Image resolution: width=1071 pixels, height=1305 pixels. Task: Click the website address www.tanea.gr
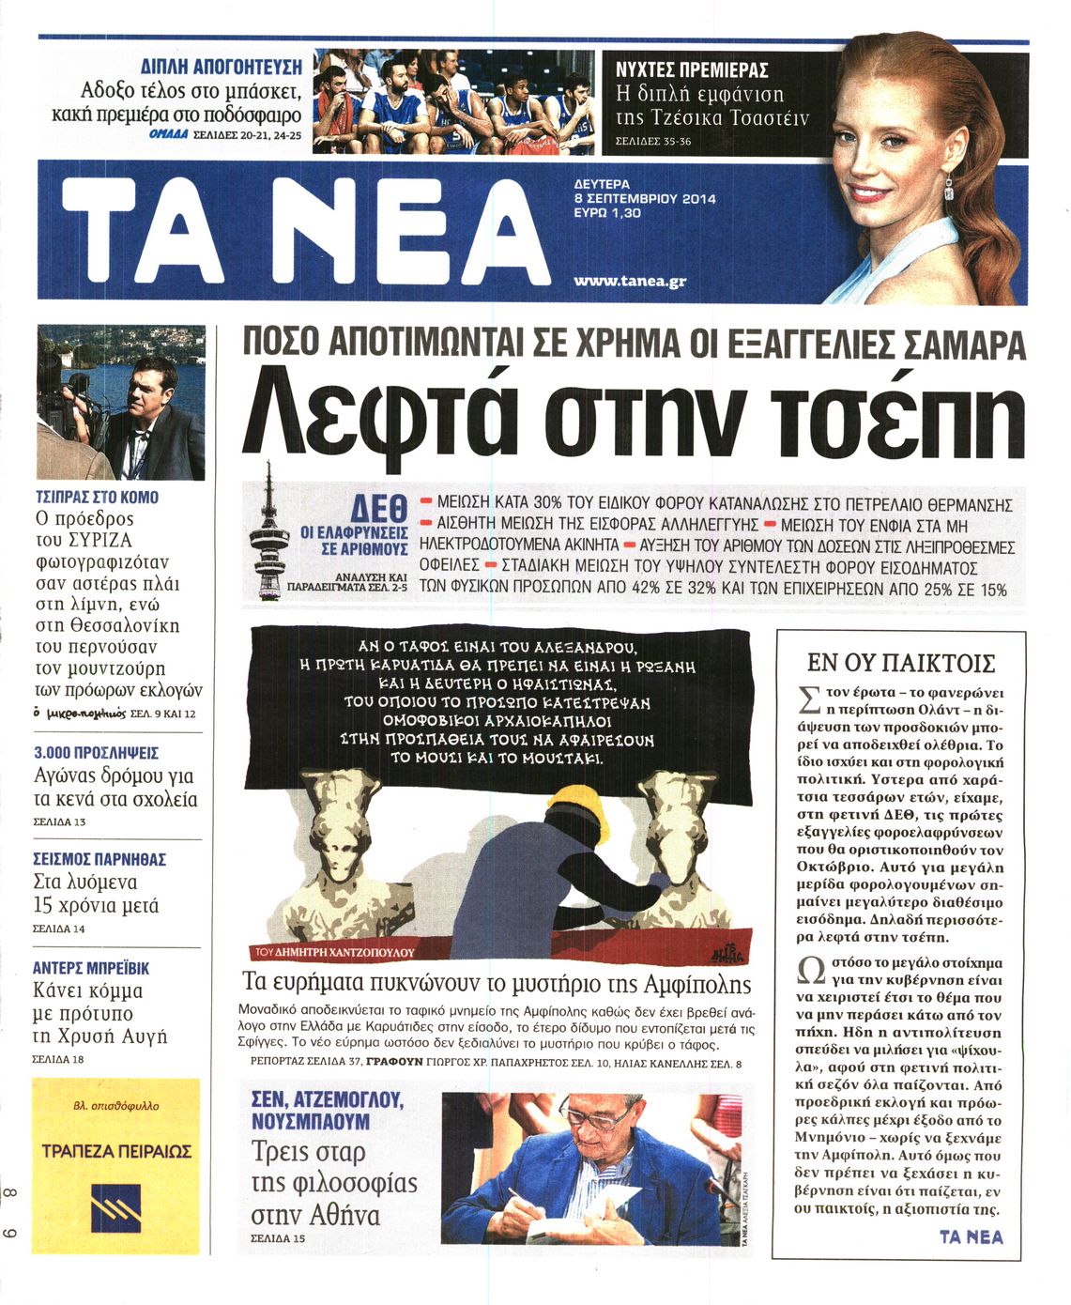click(630, 280)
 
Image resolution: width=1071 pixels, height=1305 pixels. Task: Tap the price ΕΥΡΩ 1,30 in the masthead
click(607, 213)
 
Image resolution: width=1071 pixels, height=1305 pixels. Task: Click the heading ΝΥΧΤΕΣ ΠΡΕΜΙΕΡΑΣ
click(692, 69)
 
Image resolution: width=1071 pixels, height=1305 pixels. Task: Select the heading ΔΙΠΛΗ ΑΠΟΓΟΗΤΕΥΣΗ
click(221, 67)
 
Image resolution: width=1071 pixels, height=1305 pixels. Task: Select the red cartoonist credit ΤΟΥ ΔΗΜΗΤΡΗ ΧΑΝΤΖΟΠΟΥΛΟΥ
click(334, 951)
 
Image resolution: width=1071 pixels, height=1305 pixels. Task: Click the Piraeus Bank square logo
click(115, 1206)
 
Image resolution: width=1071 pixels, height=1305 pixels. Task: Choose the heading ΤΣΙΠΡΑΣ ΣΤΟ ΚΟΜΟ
click(97, 497)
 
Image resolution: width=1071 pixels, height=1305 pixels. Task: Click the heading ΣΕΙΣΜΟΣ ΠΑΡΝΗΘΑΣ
click(99, 858)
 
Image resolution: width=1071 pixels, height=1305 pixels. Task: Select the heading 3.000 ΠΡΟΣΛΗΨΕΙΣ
click(96, 753)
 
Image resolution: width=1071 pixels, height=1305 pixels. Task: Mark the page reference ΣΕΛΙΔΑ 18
click(58, 1060)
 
